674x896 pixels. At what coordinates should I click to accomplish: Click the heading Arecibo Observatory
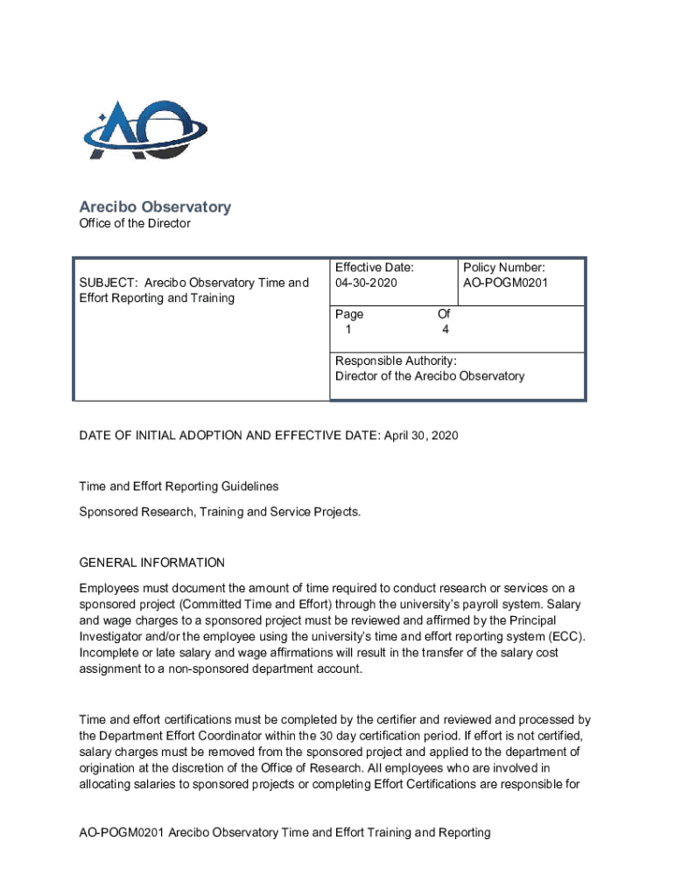[155, 207]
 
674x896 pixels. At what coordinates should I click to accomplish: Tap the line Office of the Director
[135, 224]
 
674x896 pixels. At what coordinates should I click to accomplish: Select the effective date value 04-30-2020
[366, 283]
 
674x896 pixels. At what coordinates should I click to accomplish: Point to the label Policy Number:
[504, 267]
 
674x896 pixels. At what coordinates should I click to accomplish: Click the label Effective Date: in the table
[375, 267]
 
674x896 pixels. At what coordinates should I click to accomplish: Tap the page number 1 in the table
[348, 330]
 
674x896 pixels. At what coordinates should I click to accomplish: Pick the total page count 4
[446, 330]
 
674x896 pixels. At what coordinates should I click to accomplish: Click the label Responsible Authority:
[396, 360]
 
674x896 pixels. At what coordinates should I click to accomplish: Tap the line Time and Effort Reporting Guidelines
[179, 486]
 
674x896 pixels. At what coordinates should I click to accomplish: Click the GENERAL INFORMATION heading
[151, 563]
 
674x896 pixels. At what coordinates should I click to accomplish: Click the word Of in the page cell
[444, 314]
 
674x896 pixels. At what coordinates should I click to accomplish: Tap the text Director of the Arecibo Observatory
[430, 376]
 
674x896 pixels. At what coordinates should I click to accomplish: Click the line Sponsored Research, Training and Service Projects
[220, 511]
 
